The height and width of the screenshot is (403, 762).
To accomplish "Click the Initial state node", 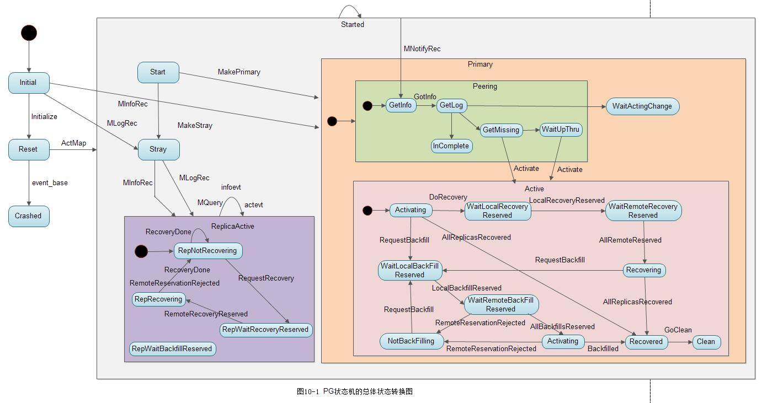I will pyautogui.click(x=29, y=83).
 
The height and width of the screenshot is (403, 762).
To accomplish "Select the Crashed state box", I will pyautogui.click(x=29, y=216).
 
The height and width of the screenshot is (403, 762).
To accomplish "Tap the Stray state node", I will pyautogui.click(x=158, y=149).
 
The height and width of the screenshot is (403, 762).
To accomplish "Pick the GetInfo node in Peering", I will pyautogui.click(x=401, y=105).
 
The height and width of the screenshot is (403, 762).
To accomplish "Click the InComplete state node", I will pyautogui.click(x=451, y=146).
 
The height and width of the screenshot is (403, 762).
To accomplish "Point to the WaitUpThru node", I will pyautogui.click(x=561, y=130).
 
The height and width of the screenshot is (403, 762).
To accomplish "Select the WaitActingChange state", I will pyautogui.click(x=642, y=106).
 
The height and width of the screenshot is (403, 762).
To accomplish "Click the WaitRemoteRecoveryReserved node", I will pyautogui.click(x=643, y=211).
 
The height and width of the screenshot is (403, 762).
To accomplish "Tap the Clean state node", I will pyautogui.click(x=706, y=342).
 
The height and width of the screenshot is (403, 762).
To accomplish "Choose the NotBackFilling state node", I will pyautogui.click(x=411, y=341).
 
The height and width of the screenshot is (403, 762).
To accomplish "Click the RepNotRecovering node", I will pyautogui.click(x=208, y=251).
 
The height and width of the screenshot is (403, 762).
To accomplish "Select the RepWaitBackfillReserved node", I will pyautogui.click(x=172, y=349).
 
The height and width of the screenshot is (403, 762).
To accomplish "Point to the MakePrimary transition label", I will pyautogui.click(x=239, y=72).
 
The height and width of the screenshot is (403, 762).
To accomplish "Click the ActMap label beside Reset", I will pyautogui.click(x=73, y=143).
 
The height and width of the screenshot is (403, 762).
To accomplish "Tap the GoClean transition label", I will pyautogui.click(x=678, y=330).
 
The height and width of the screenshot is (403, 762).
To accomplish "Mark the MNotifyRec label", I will pyautogui.click(x=422, y=49).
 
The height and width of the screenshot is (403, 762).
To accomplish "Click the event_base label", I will pyautogui.click(x=50, y=183).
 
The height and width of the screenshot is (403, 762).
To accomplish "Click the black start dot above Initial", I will pyautogui.click(x=29, y=33).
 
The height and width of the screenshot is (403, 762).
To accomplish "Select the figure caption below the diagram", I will pyautogui.click(x=354, y=391).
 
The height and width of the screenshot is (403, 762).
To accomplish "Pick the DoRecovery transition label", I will pyautogui.click(x=448, y=197).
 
